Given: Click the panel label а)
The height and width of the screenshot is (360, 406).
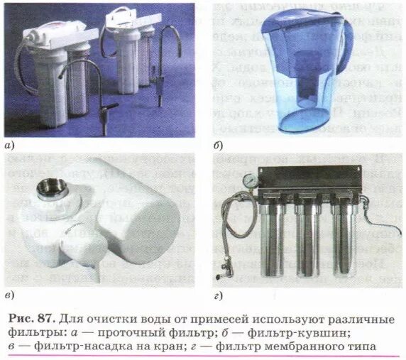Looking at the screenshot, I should [9, 147].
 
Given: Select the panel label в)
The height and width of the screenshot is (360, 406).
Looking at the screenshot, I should [9, 295].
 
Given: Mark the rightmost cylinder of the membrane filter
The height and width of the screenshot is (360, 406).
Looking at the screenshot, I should [345, 238].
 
